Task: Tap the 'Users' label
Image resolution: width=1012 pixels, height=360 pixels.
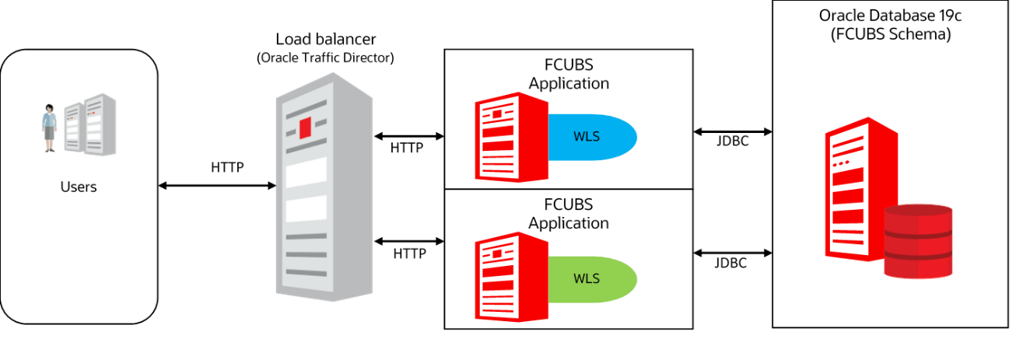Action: pos(79,187)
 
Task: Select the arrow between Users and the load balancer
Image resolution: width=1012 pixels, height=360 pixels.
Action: pos(218,185)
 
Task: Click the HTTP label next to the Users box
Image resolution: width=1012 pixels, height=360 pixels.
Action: pos(227,166)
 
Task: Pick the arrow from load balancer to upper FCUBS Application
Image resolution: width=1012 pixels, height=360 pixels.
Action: pos(409,136)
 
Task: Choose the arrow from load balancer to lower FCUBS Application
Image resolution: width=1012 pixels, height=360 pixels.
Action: pos(409,239)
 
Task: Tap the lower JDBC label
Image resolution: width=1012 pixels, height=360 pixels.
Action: pos(730,263)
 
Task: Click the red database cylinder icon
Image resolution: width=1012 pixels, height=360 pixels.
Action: pos(919,242)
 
